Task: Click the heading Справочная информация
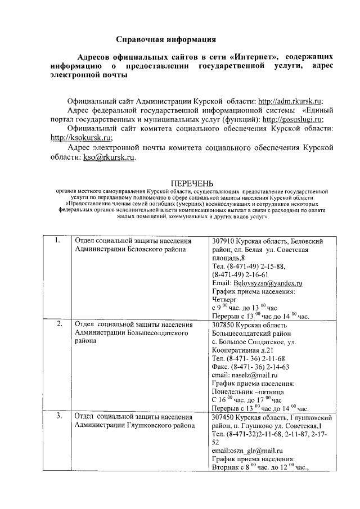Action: (165, 39)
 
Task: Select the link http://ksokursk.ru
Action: (81, 137)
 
